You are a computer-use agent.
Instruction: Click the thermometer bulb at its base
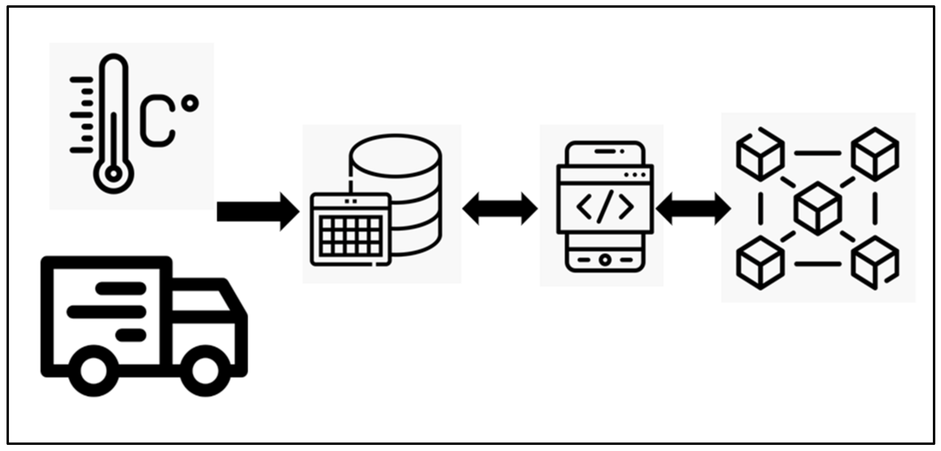pyautogui.click(x=113, y=174)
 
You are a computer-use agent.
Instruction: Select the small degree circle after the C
pyautogui.click(x=190, y=103)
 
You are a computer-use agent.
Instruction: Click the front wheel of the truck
pyautogui.click(x=205, y=371)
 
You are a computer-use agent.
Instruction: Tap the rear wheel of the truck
pyautogui.click(x=94, y=371)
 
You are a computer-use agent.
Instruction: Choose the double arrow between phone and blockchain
pyautogui.click(x=693, y=209)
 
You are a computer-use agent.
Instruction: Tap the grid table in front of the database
pyautogui.click(x=351, y=236)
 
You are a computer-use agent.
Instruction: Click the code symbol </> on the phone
pyautogui.click(x=605, y=206)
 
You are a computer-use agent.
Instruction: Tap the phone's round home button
pyautogui.click(x=605, y=260)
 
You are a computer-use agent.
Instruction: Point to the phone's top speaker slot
pyautogui.click(x=605, y=152)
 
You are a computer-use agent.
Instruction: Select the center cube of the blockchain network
pyautogui.click(x=818, y=208)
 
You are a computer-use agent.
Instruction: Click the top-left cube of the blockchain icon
pyautogui.click(x=760, y=155)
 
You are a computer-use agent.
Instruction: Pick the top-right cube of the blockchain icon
pyautogui.click(x=875, y=154)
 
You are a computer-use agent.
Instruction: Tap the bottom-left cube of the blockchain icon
pyautogui.click(x=760, y=263)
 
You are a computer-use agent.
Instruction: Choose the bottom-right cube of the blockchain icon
pyautogui.click(x=875, y=263)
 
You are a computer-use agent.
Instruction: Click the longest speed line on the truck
pyautogui.click(x=107, y=312)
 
